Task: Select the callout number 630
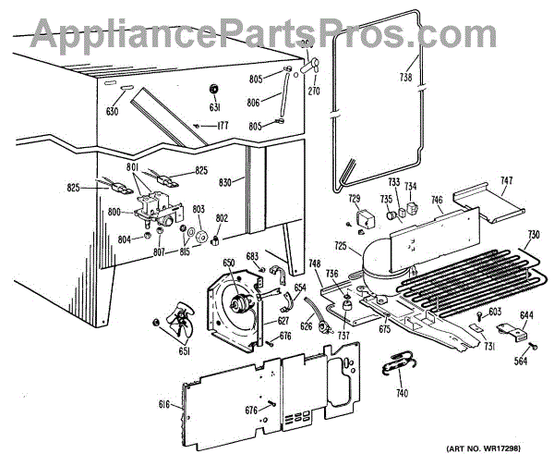pyautogui.click(x=113, y=112)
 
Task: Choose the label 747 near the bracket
pyautogui.click(x=507, y=180)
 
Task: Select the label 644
pyautogui.click(x=525, y=315)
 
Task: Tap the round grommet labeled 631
pyautogui.click(x=214, y=90)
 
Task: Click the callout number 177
pyautogui.click(x=222, y=125)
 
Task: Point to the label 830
pyautogui.click(x=224, y=183)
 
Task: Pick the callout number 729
pyautogui.click(x=354, y=199)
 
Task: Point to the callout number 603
pyautogui.click(x=495, y=312)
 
